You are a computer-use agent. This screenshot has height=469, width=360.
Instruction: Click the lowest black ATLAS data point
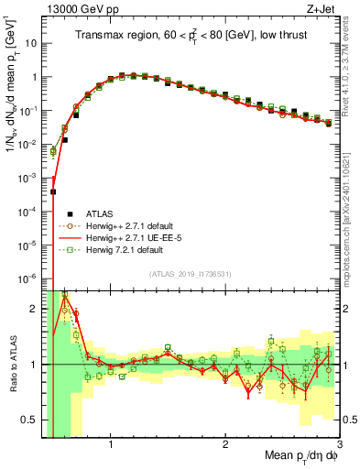pyautogui.click(x=53, y=192)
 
